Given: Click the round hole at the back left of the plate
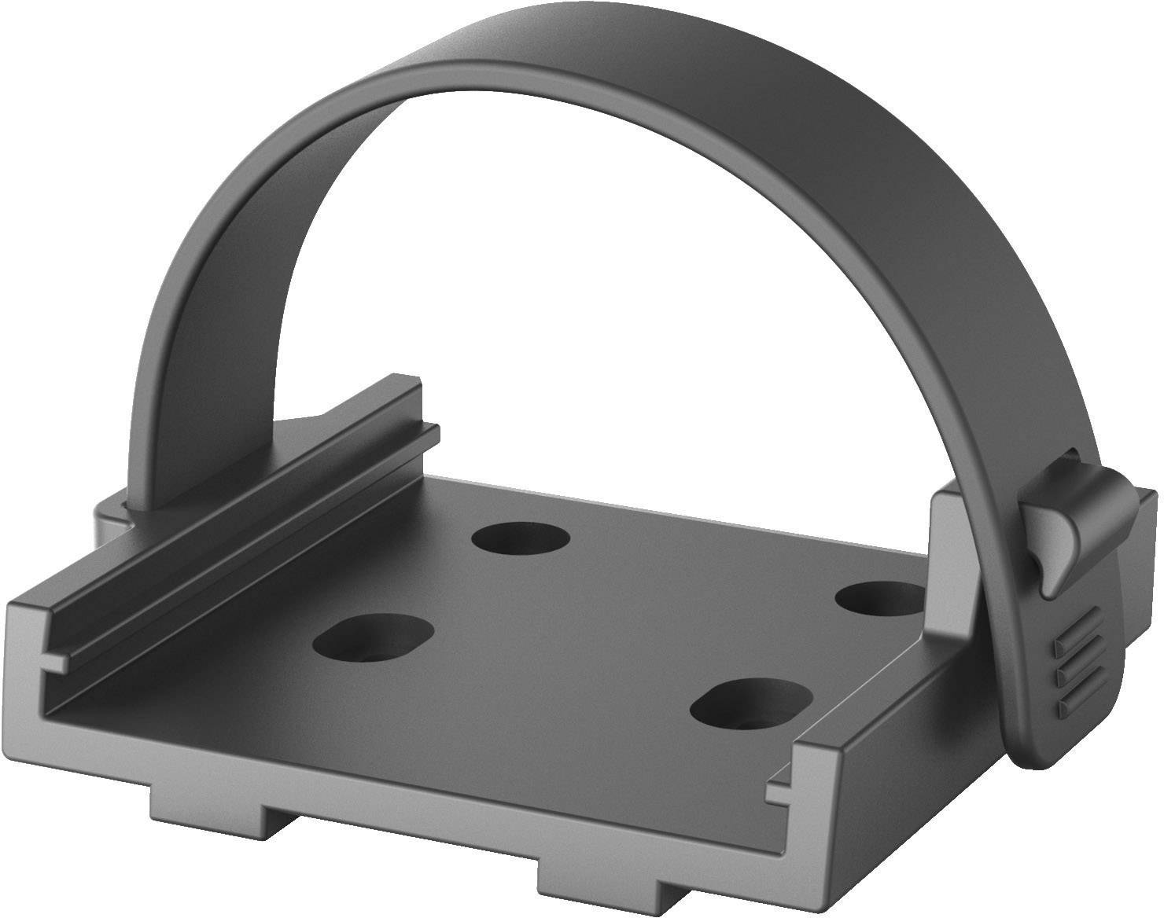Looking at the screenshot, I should tap(520, 540).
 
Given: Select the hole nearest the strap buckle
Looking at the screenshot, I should tap(879, 600).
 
